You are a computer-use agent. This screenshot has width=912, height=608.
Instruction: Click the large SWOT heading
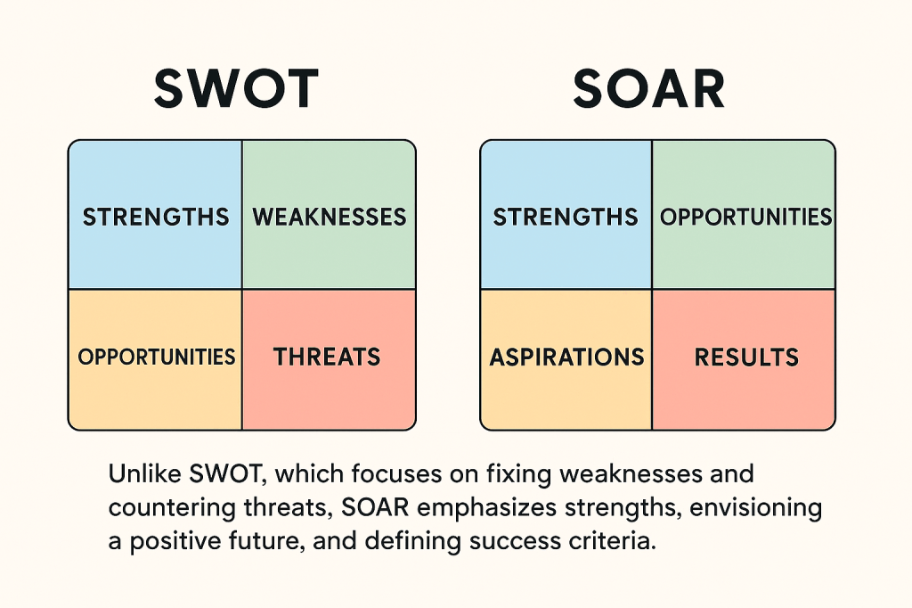tap(236, 88)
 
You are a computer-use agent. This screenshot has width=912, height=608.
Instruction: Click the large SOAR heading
tap(648, 88)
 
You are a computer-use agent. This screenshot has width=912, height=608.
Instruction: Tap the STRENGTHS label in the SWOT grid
tap(155, 217)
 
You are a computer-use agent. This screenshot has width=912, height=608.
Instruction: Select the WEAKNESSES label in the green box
tap(330, 217)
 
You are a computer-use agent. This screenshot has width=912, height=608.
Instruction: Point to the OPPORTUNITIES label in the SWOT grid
tap(156, 357)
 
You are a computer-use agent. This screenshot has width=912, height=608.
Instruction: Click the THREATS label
tap(327, 357)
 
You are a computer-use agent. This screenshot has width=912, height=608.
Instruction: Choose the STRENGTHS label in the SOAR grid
tap(566, 217)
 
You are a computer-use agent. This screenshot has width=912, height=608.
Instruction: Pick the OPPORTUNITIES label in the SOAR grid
tap(745, 217)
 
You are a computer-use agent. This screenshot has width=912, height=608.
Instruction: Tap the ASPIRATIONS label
tap(566, 357)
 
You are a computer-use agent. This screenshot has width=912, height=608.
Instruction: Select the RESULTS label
tap(746, 357)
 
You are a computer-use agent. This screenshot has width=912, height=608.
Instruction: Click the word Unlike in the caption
tap(139, 473)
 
